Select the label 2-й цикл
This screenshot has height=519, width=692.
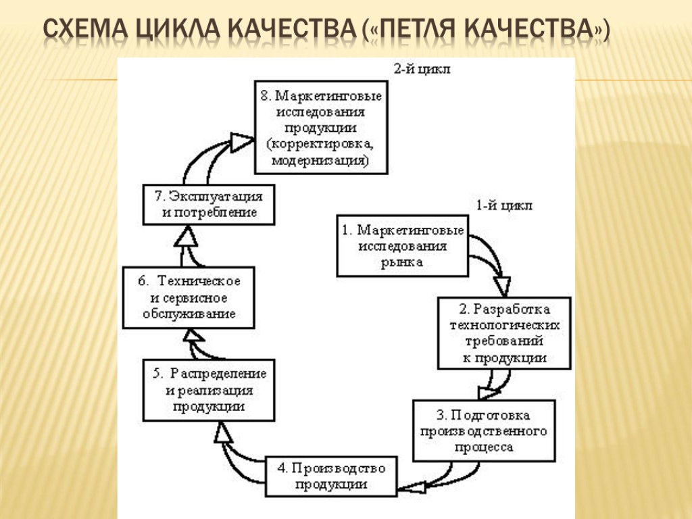(x=422, y=68)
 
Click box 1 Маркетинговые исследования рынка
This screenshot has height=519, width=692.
(x=401, y=246)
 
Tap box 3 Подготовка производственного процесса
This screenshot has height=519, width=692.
(x=483, y=430)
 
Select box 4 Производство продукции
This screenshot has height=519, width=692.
(x=330, y=476)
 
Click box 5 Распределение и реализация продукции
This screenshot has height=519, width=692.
(x=209, y=390)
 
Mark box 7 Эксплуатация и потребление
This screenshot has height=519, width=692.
(x=209, y=204)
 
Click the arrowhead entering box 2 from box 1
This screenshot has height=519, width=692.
(x=503, y=281)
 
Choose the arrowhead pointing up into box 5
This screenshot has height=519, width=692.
(x=224, y=432)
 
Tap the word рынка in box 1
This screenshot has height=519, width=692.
(x=401, y=262)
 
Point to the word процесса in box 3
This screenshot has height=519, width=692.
(x=483, y=447)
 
